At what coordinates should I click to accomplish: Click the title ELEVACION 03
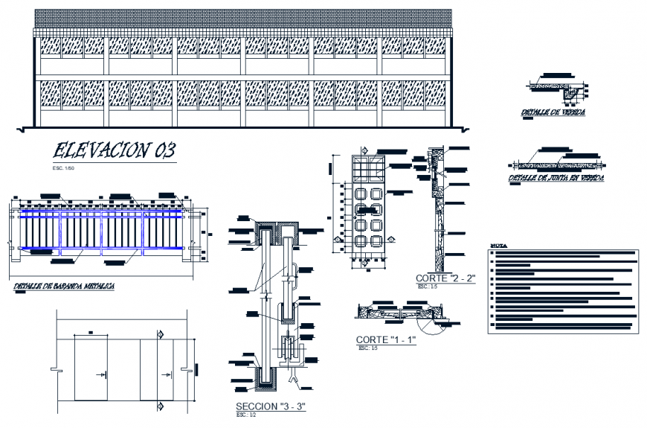(x=114, y=151)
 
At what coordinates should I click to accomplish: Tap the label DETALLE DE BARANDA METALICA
(x=64, y=287)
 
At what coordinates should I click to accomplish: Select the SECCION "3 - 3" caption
(x=271, y=406)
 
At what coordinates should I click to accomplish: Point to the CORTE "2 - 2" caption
(x=445, y=278)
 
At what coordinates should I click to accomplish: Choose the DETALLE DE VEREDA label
(x=553, y=112)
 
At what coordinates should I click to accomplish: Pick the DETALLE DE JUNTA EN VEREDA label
(x=556, y=179)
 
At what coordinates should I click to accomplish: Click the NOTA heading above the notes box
(x=500, y=245)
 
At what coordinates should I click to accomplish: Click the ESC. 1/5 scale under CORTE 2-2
(x=425, y=286)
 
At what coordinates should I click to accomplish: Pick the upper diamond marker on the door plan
(x=160, y=333)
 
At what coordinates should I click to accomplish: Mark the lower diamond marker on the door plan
(x=160, y=406)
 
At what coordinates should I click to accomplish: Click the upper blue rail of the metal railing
(x=100, y=213)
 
